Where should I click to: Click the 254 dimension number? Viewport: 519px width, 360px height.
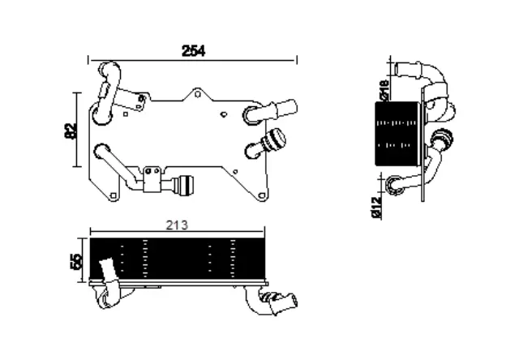coord(192,50)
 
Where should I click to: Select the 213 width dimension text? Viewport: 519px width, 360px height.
coord(176,226)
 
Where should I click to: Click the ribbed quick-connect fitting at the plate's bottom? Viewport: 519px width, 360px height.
coord(186,185)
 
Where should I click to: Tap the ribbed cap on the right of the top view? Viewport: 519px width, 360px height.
coord(275,142)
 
